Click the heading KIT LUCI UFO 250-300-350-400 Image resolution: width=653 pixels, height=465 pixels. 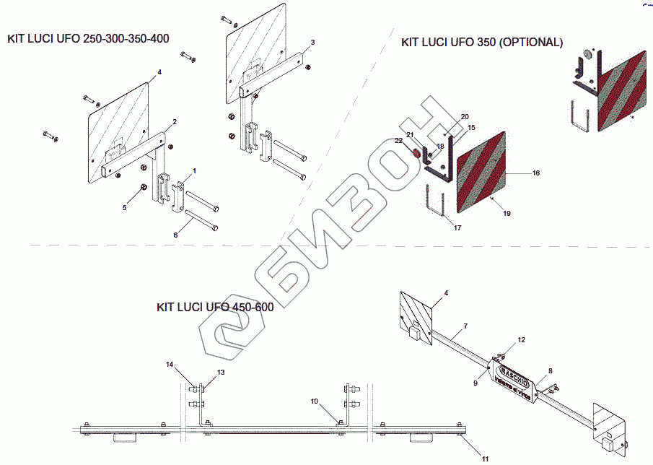88,38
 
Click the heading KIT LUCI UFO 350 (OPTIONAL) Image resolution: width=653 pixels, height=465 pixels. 481,43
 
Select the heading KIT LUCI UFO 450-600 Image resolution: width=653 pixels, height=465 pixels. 215,307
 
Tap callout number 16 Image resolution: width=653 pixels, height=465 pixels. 536,173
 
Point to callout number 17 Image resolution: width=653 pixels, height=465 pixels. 457,228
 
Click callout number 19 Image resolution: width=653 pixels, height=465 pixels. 507,214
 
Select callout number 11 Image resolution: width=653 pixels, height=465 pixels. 485,458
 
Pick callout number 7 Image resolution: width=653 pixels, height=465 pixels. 465,326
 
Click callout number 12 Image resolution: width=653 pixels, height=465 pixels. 522,339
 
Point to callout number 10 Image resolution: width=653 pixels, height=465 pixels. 314,400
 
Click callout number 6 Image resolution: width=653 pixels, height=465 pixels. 175,235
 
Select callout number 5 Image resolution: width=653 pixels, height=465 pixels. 123,207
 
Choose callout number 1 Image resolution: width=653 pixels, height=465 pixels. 194,171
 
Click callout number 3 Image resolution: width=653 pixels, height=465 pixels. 312,43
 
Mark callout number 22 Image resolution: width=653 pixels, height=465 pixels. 398,140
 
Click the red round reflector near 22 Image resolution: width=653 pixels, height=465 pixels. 416,153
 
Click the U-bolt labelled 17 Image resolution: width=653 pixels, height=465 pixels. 434,202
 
